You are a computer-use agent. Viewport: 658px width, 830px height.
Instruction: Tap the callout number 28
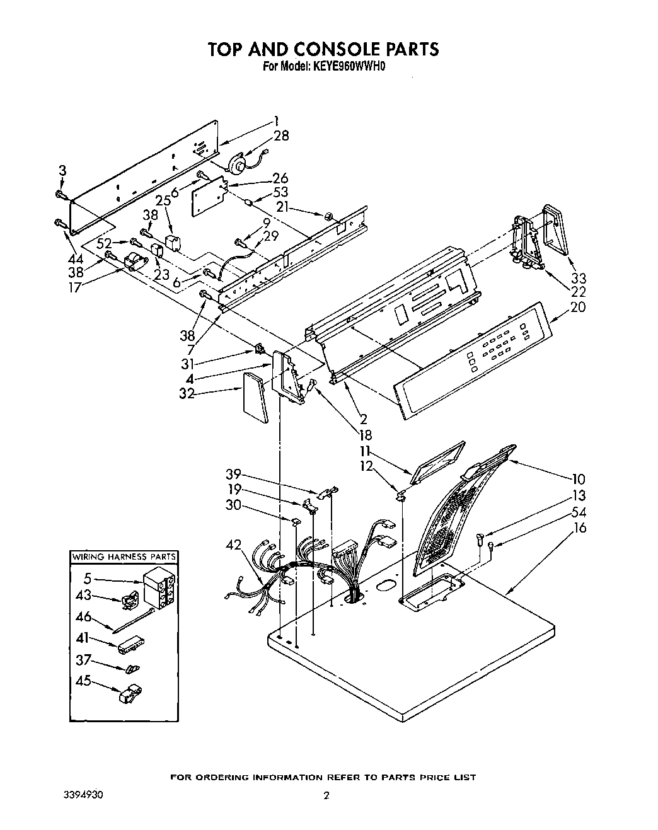point(281,135)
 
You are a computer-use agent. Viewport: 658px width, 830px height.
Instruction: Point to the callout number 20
point(577,308)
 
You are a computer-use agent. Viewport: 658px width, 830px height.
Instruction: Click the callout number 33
point(578,278)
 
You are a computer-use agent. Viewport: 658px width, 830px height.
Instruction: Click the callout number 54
point(578,512)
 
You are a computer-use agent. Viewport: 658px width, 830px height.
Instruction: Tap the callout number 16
point(578,527)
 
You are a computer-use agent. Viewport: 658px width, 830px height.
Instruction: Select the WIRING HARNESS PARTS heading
point(124,557)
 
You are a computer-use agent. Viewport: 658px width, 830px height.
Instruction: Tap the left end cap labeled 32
point(255,396)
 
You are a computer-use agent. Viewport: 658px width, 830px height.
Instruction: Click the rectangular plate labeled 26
point(209,197)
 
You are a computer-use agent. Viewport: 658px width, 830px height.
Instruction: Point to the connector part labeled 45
point(129,693)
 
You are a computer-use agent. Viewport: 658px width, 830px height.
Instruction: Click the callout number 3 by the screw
point(62,170)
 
